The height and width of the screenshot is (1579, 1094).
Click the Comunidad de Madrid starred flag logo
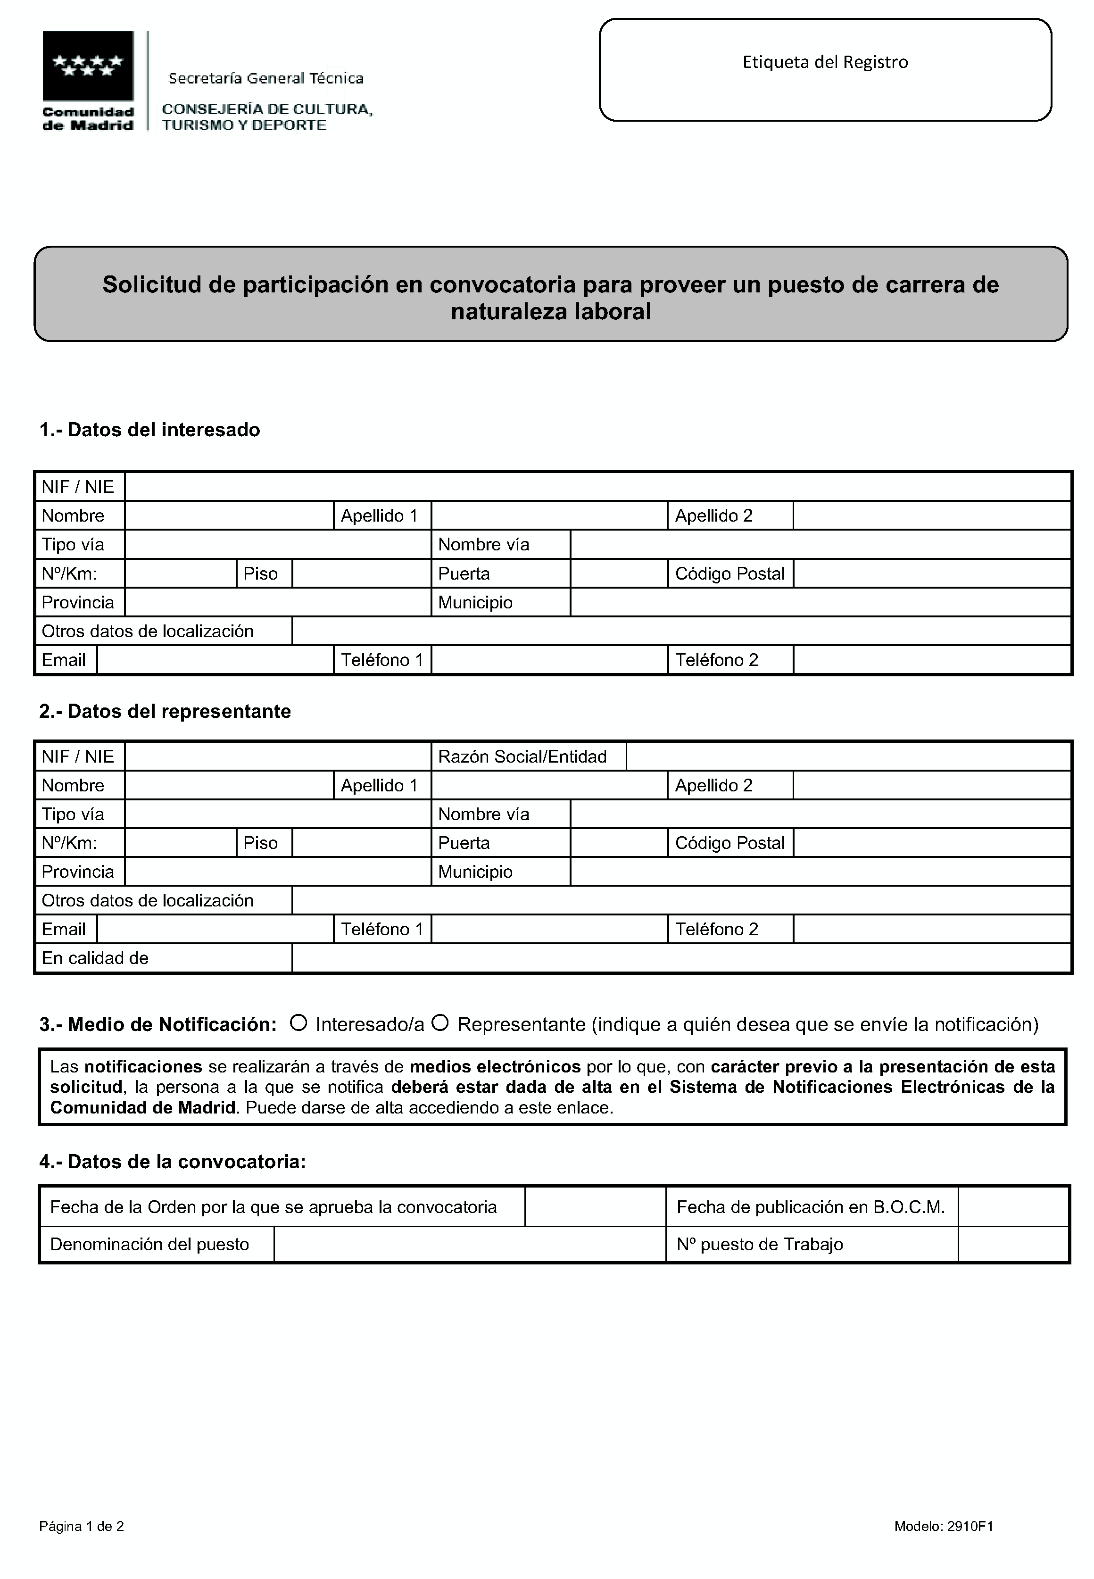point(88,66)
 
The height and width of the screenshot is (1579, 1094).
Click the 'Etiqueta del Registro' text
point(825,62)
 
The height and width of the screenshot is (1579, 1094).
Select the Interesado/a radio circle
point(298,1023)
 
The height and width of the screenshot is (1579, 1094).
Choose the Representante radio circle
point(440,1023)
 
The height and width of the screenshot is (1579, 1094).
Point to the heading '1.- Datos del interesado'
point(149,430)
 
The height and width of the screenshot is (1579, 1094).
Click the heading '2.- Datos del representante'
point(165,711)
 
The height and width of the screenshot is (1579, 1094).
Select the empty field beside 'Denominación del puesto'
point(470,1245)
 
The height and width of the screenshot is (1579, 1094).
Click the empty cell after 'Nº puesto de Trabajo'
point(1012,1245)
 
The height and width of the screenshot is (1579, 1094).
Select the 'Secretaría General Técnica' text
point(266,79)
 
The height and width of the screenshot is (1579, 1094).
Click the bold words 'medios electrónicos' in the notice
point(495,1067)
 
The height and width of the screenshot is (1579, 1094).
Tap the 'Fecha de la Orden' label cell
point(273,1207)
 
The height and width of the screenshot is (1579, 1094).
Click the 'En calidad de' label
point(95,958)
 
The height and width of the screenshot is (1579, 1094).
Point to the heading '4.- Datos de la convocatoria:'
point(172,1162)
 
